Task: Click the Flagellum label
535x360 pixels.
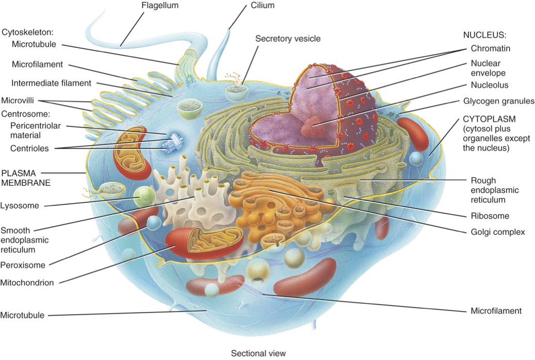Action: click(x=160, y=6)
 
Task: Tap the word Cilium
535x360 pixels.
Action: click(x=263, y=6)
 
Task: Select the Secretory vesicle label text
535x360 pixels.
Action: click(x=288, y=39)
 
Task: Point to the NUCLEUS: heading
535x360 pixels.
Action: click(x=484, y=35)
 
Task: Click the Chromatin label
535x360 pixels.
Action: click(x=490, y=48)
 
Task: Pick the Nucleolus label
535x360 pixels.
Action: click(x=490, y=85)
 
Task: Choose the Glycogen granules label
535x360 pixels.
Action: click(x=498, y=101)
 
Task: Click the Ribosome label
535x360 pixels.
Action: click(x=490, y=216)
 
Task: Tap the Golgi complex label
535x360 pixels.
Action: click(x=498, y=233)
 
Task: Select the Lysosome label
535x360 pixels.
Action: click(x=20, y=206)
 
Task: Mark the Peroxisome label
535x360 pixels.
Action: click(x=23, y=265)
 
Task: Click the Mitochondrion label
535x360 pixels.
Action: click(x=27, y=283)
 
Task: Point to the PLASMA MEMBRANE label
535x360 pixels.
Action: click(x=26, y=178)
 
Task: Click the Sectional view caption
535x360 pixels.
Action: click(x=258, y=353)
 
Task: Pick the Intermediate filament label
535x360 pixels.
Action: click(x=51, y=83)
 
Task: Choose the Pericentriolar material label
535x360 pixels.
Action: click(x=36, y=130)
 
